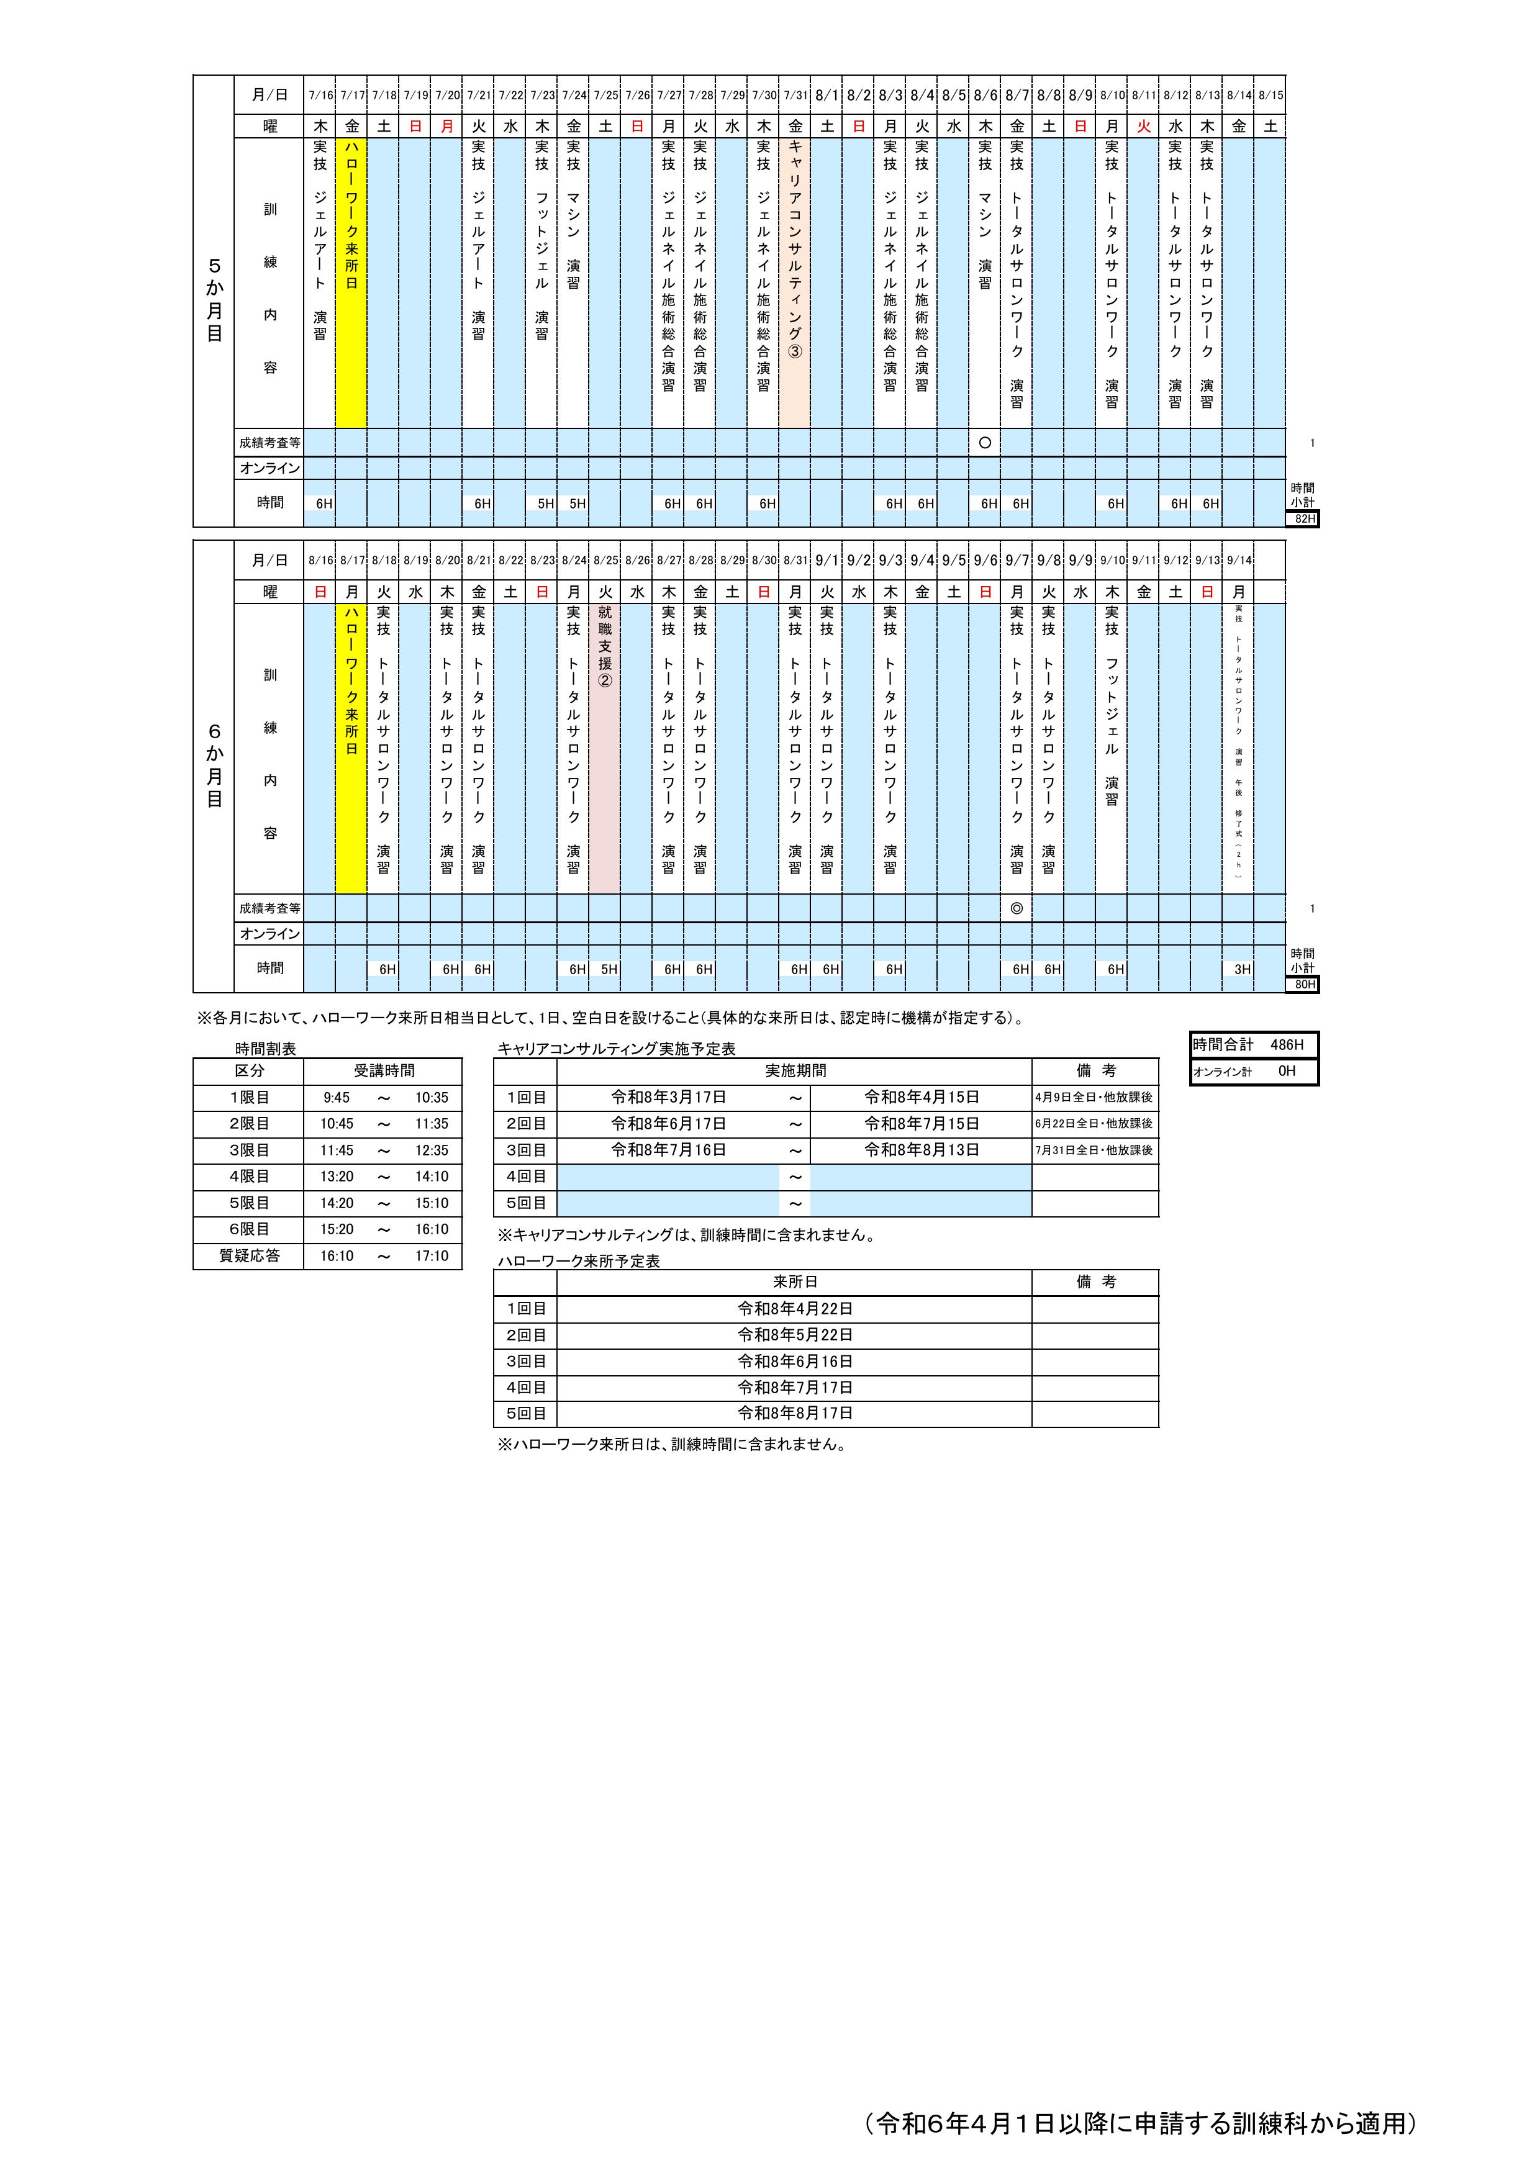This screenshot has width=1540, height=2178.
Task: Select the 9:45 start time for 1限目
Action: coord(336,1098)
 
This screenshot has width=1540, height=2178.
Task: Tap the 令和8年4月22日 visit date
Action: coord(795,1308)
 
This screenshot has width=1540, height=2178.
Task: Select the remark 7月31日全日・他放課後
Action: coord(1095,1150)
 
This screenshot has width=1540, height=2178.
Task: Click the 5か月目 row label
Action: coord(214,300)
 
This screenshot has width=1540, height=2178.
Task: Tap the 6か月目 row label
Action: coord(214,764)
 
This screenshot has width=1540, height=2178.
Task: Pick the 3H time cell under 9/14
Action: coord(1241,969)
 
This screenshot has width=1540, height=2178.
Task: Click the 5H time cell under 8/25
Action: coord(608,969)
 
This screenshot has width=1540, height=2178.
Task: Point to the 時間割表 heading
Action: coord(266,1048)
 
